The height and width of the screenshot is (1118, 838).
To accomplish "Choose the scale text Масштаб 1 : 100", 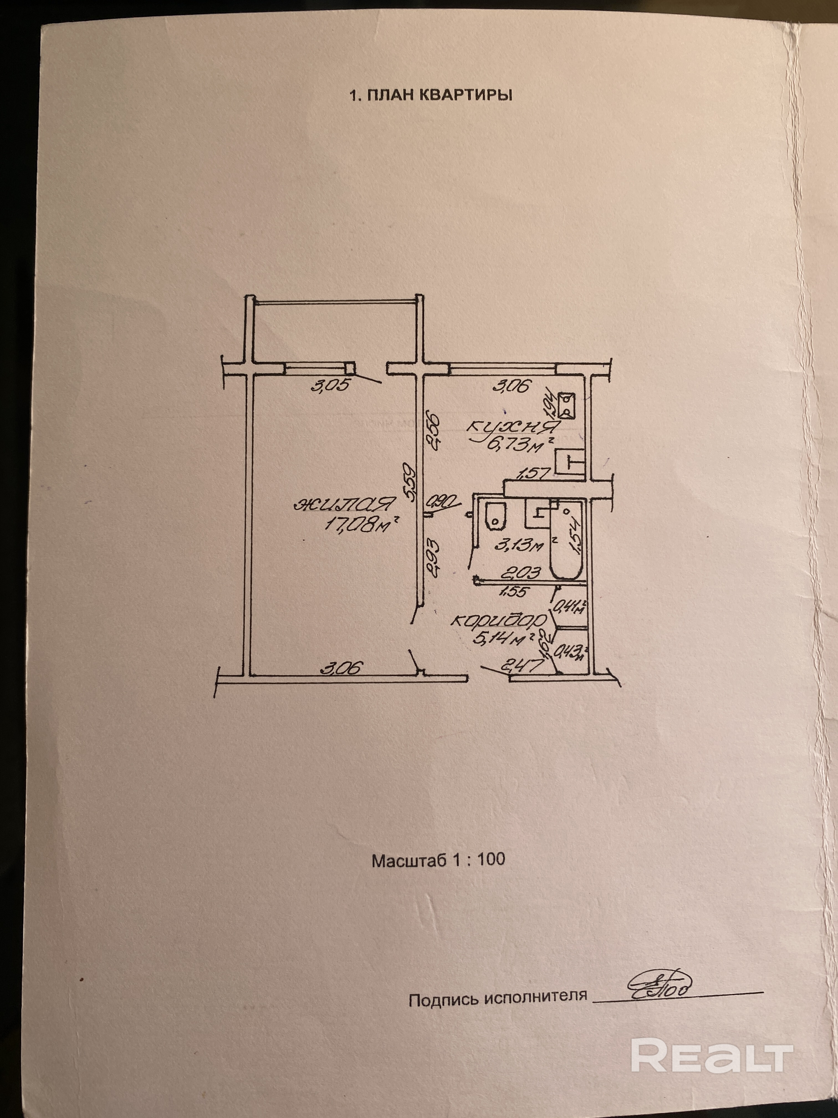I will pyautogui.click(x=438, y=860).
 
